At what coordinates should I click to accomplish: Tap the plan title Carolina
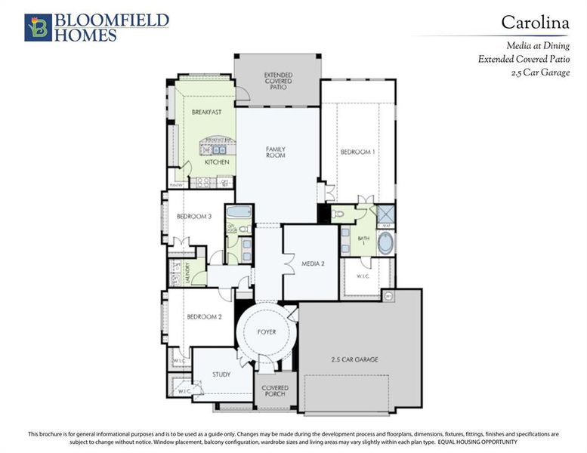pos(536,23)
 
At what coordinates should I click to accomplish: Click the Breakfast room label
pos(206,112)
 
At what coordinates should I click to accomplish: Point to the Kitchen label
pos(217,162)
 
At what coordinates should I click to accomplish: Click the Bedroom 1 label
pos(357,152)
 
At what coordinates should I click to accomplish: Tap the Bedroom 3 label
pos(193,217)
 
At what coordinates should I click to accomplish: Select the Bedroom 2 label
pos(204,317)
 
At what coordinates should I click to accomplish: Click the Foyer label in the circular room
pos(266,332)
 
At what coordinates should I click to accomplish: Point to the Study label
pos(221,374)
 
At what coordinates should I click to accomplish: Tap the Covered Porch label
pos(275,392)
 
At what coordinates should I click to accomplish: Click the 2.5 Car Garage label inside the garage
pos(354,359)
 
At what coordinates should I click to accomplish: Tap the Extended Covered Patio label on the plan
pos(277,81)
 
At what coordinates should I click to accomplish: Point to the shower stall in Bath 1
pos(385,213)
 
